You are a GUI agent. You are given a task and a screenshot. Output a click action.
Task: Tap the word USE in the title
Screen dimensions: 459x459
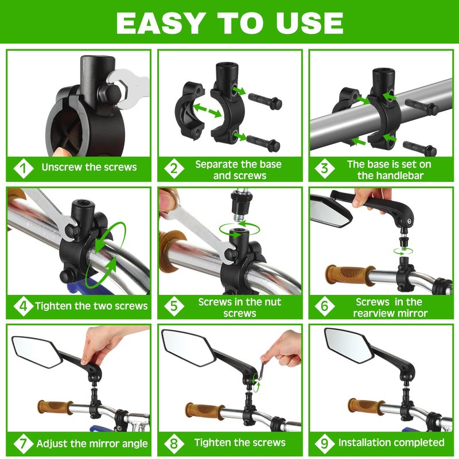309,23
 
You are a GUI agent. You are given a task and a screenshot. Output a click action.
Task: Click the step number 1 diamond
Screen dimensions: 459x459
24,168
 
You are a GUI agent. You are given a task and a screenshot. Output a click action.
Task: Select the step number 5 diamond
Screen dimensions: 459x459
174,306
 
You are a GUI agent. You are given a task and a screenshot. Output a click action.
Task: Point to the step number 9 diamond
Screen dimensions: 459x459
324,443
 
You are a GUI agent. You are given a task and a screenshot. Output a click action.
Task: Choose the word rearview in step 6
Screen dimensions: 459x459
370,313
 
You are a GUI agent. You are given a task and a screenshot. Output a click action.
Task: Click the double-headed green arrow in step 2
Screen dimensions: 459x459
207,110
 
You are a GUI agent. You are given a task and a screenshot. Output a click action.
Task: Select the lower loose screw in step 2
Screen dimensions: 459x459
263,143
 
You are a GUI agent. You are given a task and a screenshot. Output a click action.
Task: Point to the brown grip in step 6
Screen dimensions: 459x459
350,275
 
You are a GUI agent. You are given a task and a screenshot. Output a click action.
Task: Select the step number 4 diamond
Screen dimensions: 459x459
24,306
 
